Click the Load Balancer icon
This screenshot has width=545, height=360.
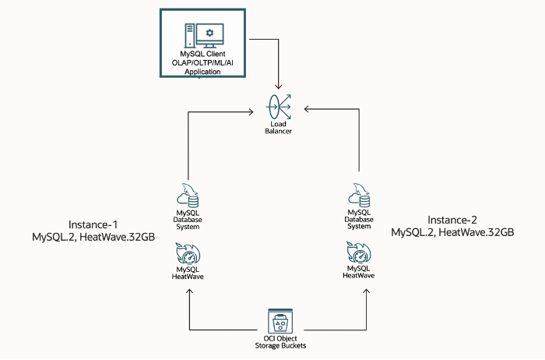[x=279, y=106]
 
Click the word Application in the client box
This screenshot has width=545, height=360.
[x=202, y=72]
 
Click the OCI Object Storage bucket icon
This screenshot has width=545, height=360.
[x=278, y=320]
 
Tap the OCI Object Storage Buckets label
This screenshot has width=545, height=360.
[x=278, y=342]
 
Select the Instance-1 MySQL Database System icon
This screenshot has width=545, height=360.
[x=188, y=192]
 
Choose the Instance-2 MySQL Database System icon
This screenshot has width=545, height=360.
[x=359, y=192]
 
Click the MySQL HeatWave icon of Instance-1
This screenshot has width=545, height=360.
[x=188, y=254]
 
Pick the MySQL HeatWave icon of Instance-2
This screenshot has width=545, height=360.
[x=359, y=252]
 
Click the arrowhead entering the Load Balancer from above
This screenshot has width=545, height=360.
[x=279, y=86]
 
